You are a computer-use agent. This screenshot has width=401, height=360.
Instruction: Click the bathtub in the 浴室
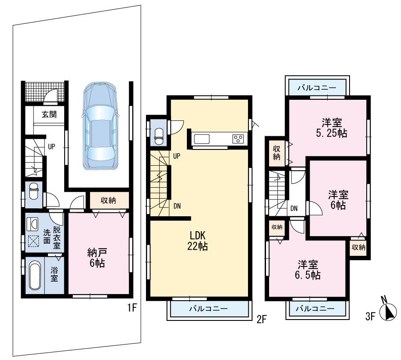[34, 275]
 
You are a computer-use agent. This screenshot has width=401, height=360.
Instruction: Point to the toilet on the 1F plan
[34, 193]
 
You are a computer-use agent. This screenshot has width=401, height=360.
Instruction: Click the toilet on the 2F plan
[158, 134]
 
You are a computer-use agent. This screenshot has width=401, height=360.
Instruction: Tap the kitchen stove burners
[238, 139]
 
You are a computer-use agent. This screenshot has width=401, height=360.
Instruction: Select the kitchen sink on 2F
[203, 139]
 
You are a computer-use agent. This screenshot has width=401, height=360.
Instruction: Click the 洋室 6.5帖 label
[308, 270]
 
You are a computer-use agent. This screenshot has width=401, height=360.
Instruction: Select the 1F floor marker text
[133, 308]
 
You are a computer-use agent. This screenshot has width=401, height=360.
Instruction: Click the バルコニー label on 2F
[208, 309]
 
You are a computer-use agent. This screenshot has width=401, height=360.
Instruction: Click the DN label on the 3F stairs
[294, 209]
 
